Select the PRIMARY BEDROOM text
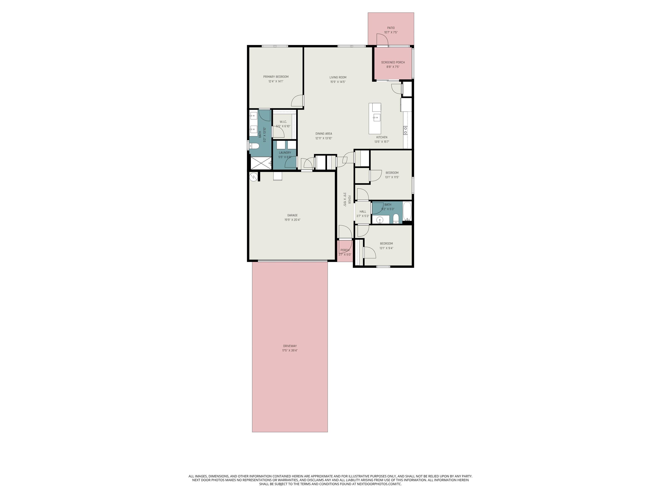click(x=276, y=77)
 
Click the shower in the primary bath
click(x=261, y=163)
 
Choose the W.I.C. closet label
click(x=283, y=122)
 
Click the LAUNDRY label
click(x=285, y=153)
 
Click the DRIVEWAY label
click(x=290, y=346)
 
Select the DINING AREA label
click(x=324, y=134)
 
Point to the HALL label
click(x=363, y=212)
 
